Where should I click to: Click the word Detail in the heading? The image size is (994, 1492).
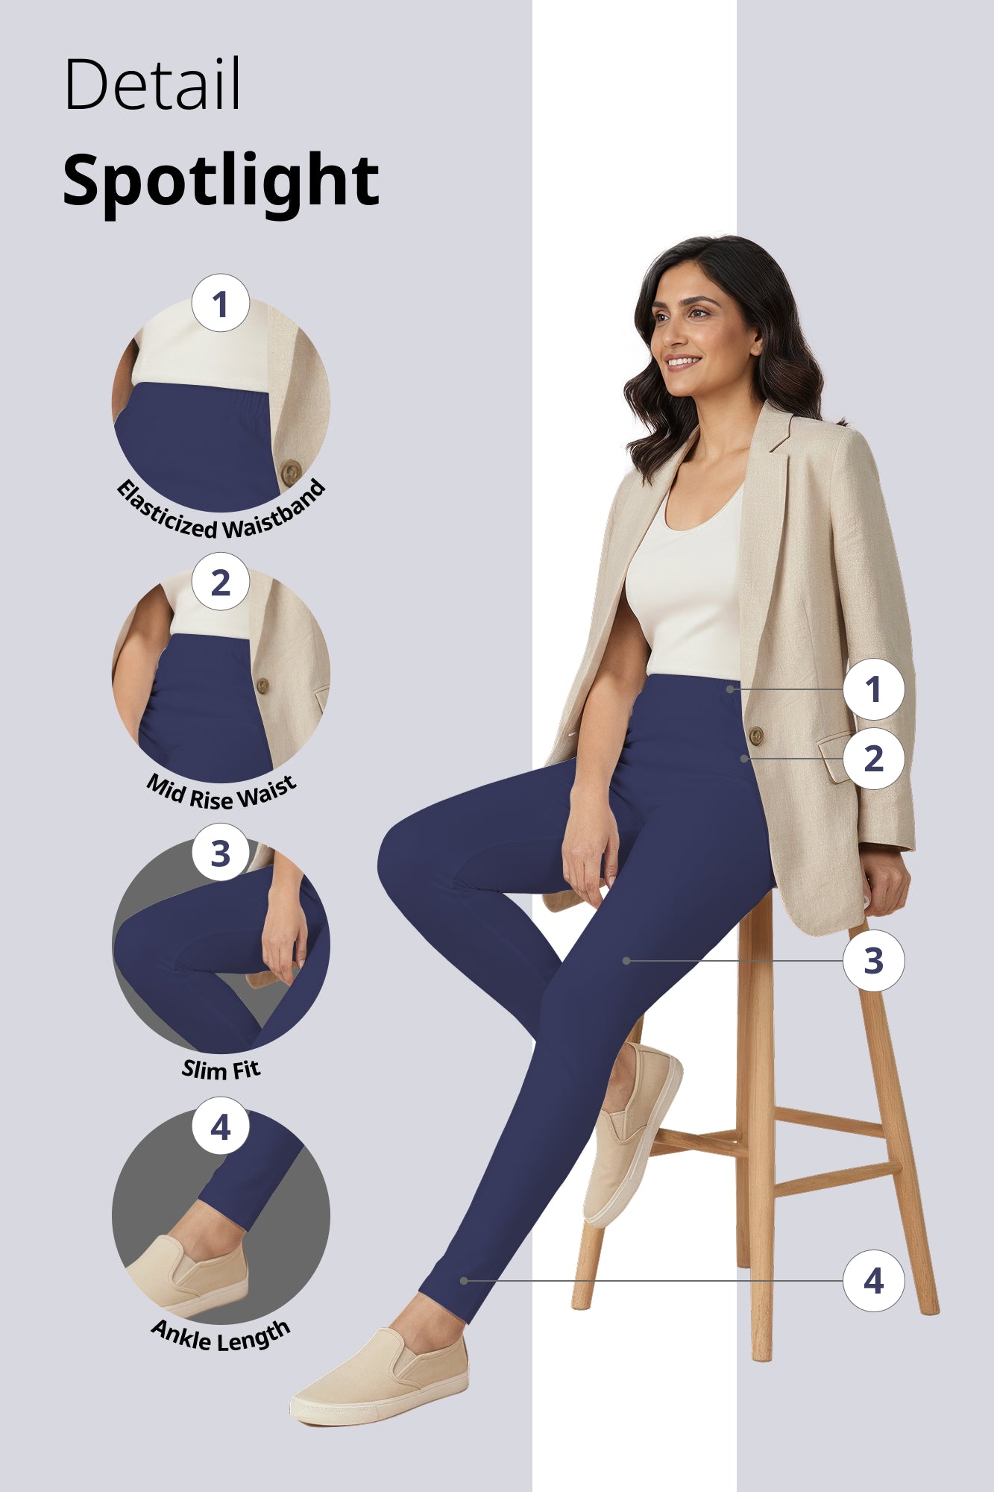(152, 84)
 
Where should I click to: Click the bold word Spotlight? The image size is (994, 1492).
(221, 181)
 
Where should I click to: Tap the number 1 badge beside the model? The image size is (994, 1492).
(873, 689)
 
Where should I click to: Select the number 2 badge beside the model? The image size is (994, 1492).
(873, 759)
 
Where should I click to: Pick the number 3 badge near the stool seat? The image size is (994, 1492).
(873, 961)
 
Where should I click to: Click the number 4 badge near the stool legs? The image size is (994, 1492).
(873, 1281)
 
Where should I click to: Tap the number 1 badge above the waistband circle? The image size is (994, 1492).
(220, 304)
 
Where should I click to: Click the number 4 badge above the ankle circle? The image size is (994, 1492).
(220, 1126)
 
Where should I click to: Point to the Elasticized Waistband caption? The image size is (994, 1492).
(221, 515)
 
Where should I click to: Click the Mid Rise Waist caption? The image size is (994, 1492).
(221, 793)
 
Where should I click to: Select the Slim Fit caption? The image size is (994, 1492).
(221, 1070)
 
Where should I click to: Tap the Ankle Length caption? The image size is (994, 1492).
(221, 1338)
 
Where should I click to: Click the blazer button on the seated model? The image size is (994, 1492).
(755, 736)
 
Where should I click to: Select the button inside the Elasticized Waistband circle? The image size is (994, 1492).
(291, 471)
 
